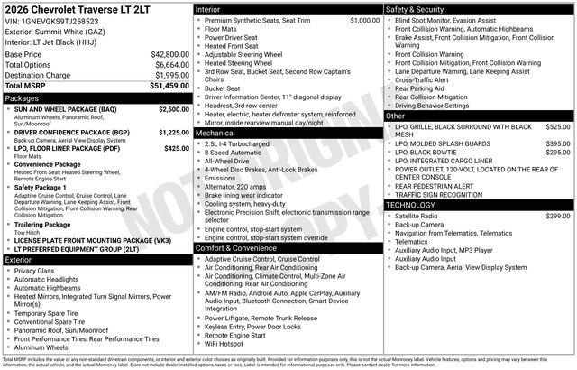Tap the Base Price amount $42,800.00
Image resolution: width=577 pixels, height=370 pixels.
point(169,54)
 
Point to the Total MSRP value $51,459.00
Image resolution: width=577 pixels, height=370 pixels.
point(169,86)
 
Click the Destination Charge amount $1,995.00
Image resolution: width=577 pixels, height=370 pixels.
point(169,75)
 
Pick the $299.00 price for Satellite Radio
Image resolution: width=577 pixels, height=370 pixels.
point(558,217)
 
